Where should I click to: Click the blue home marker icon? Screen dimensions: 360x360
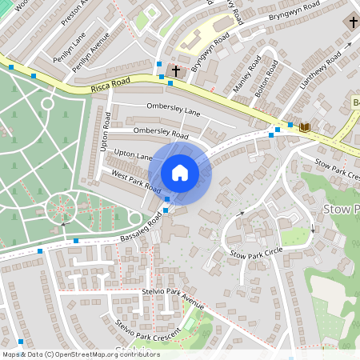[180, 172]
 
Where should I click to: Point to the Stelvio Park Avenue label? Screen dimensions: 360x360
[172, 299]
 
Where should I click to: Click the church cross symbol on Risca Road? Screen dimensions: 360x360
[175, 71]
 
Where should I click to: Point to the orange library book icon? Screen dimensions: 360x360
[304, 127]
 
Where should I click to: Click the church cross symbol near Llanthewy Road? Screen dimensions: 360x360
[352, 22]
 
